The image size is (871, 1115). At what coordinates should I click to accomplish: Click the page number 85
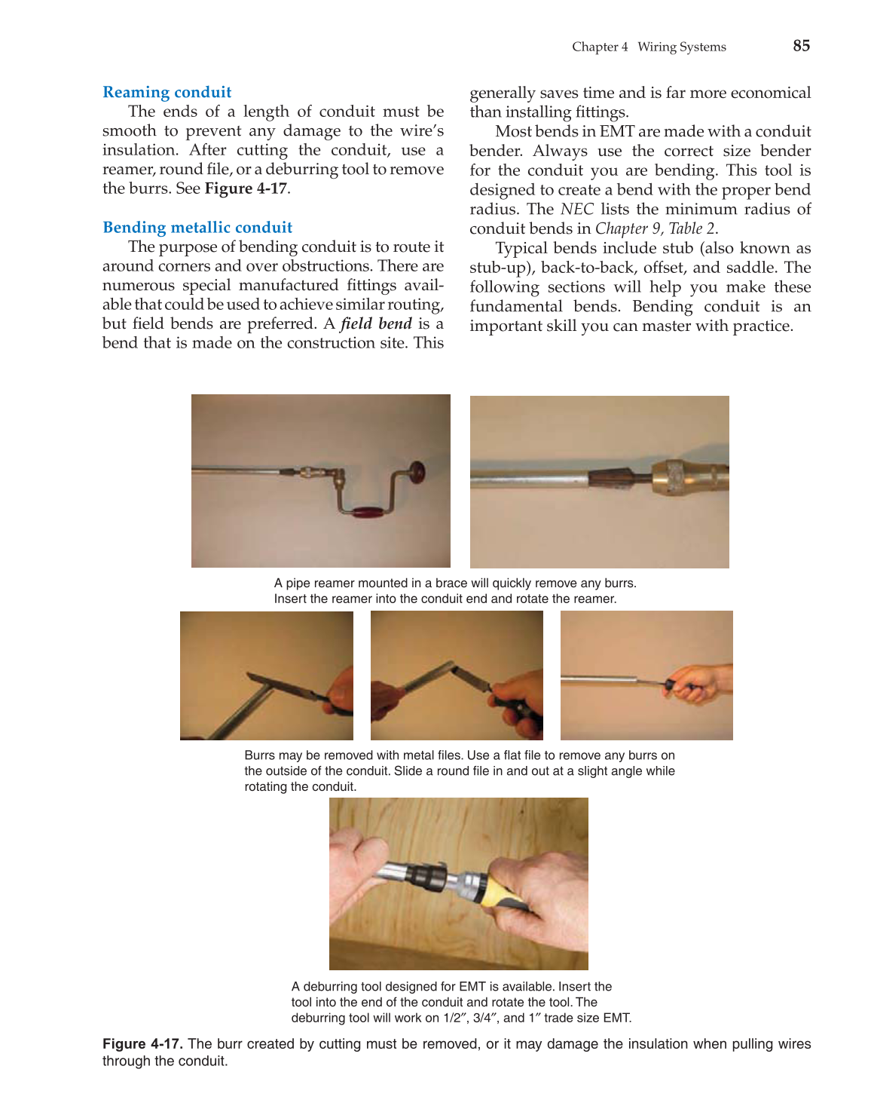(801, 46)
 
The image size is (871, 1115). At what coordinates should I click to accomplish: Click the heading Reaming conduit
(167, 92)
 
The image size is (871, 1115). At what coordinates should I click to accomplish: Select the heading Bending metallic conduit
(197, 228)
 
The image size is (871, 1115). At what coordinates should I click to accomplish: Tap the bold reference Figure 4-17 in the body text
(246, 188)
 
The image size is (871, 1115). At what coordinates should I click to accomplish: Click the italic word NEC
(576, 210)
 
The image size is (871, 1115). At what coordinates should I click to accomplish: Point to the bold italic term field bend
(376, 324)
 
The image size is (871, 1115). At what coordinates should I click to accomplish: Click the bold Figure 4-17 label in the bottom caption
(142, 1044)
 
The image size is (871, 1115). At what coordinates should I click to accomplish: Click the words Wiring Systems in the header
(681, 47)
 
